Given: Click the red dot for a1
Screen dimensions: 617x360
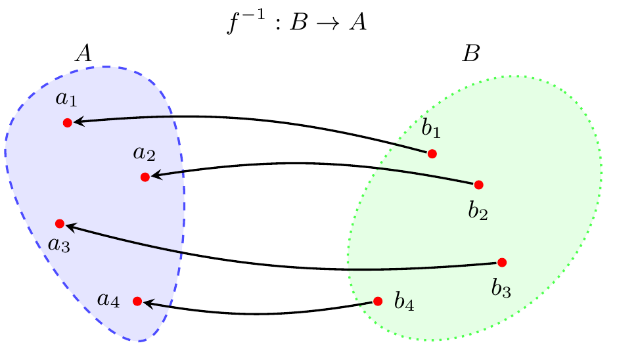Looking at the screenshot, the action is click(x=67, y=123).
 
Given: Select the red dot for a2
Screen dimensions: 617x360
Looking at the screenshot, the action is click(x=145, y=177).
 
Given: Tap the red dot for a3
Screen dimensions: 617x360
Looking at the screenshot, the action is click(x=60, y=223).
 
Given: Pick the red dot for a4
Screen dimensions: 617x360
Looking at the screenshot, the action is click(x=137, y=302).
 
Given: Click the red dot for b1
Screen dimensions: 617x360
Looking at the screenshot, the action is click(x=432, y=154).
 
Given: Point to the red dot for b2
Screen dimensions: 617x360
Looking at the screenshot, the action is click(x=478, y=185).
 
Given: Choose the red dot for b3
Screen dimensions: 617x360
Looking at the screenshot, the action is click(x=502, y=262).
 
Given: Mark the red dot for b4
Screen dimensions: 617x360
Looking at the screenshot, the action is click(x=378, y=302).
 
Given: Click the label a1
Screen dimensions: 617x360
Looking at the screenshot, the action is click(x=66, y=99).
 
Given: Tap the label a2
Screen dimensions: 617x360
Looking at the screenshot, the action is click(x=144, y=154).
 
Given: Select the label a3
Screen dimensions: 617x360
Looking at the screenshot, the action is click(x=59, y=245).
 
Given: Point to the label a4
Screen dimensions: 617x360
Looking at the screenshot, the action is click(x=108, y=300).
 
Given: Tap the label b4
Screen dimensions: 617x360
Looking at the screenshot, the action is click(x=404, y=301).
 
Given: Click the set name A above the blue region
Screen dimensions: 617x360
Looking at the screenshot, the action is click(x=83, y=53).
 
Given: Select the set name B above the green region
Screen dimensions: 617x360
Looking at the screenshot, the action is click(x=470, y=53).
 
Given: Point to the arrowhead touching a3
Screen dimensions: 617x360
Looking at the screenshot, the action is click(x=71, y=226).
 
